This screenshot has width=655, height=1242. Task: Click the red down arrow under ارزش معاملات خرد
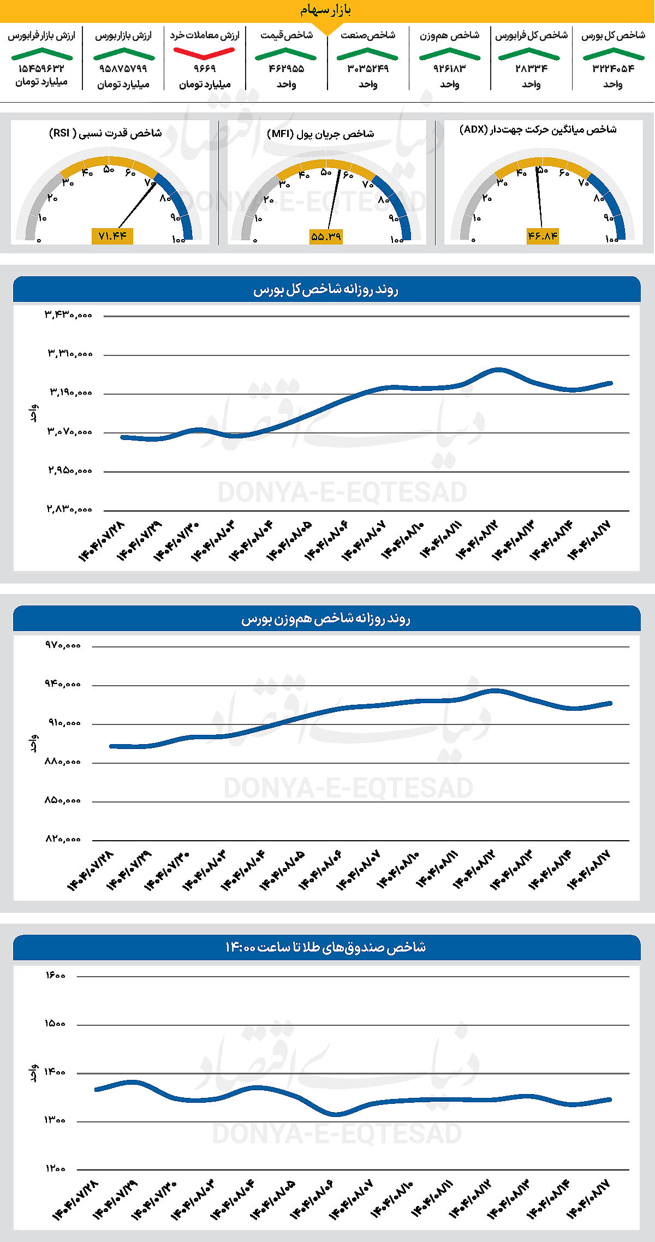pyautogui.click(x=204, y=54)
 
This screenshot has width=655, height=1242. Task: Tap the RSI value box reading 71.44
pyautogui.click(x=112, y=236)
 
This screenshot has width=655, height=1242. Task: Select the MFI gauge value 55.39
pyautogui.click(x=326, y=236)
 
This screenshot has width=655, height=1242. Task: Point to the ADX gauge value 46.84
pyautogui.click(x=543, y=236)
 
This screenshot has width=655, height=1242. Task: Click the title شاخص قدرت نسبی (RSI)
pyautogui.click(x=105, y=133)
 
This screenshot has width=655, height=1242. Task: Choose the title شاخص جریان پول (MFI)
pyautogui.click(x=320, y=133)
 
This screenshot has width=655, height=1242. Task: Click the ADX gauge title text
pyautogui.click(x=538, y=129)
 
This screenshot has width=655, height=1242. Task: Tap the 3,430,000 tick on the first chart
pyautogui.click(x=69, y=315)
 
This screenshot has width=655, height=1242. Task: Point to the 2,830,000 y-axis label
pyautogui.click(x=69, y=509)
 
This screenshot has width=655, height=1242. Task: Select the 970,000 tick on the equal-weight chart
pyautogui.click(x=63, y=645)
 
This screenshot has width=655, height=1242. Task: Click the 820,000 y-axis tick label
pyautogui.click(x=63, y=839)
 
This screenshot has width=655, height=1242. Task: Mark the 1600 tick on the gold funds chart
pyautogui.click(x=55, y=976)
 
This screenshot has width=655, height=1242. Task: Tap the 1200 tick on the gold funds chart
pyautogui.click(x=55, y=1169)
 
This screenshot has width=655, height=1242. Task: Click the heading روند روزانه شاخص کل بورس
pyautogui.click(x=326, y=289)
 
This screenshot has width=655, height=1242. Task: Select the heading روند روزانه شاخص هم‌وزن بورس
pyautogui.click(x=326, y=619)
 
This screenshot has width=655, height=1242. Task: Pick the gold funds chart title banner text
pyautogui.click(x=326, y=947)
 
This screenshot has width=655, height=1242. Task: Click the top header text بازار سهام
pyautogui.click(x=326, y=10)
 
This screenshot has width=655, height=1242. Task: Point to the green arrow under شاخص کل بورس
pyautogui.click(x=614, y=54)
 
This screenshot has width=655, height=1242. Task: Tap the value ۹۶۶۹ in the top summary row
pyautogui.click(x=205, y=69)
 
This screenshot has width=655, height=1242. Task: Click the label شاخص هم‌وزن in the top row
pyautogui.click(x=449, y=35)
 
